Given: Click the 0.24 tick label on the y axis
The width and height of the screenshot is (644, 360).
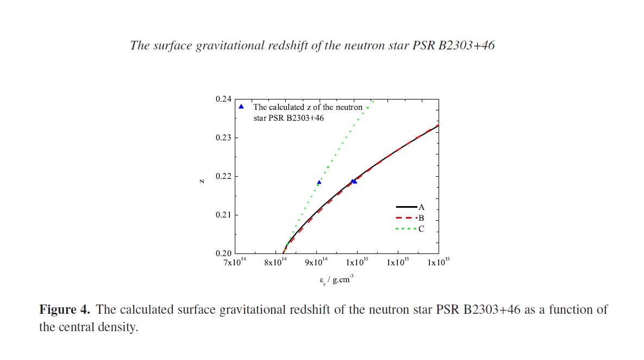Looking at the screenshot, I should coord(224,100).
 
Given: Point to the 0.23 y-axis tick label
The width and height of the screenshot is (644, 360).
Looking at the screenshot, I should coord(224,138).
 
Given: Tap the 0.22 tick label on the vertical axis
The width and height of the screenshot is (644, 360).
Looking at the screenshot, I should coord(224,177).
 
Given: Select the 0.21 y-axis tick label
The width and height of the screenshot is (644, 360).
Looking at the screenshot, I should coord(224,215).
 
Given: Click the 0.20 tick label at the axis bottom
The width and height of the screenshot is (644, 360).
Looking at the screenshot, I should coord(224,253).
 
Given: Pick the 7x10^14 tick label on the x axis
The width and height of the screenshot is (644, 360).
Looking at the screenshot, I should coord(234,263).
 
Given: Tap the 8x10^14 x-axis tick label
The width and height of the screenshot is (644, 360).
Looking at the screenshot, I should coord(276,263).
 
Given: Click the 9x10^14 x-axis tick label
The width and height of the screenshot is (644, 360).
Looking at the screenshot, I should coord(316,263).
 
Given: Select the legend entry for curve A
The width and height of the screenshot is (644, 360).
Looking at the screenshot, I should coord(410,207).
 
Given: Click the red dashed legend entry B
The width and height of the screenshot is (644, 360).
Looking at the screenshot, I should coord(410,218).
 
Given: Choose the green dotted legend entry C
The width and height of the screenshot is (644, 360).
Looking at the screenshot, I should coord(410,229).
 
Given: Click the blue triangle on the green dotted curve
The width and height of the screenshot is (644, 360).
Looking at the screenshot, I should coord(319,182).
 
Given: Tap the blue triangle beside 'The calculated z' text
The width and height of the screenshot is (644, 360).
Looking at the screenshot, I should coord(241,107).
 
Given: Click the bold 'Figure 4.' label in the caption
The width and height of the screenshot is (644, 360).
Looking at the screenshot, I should coord(65,310).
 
